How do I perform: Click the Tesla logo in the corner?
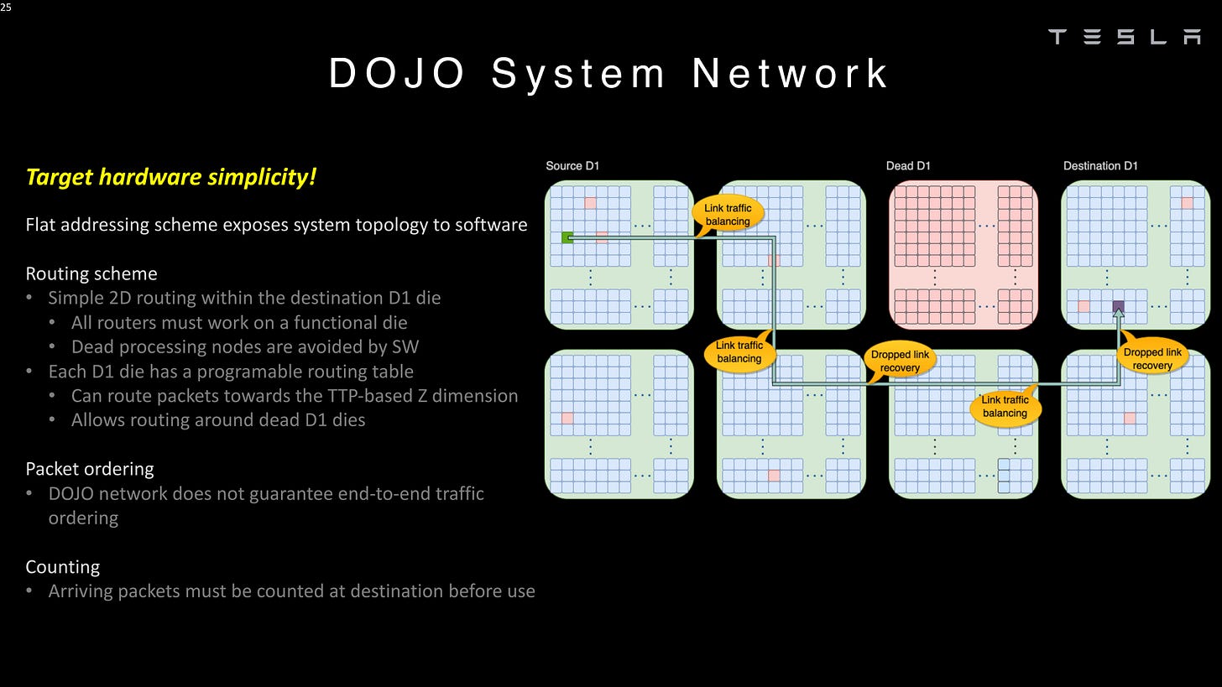[x=1125, y=36]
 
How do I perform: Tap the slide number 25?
[x=6, y=7]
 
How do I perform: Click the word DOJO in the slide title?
[x=396, y=73]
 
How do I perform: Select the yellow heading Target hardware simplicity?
[x=171, y=177]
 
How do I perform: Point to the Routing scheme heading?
[x=91, y=273]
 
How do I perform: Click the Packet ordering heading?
[x=90, y=469]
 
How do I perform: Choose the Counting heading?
[x=63, y=567]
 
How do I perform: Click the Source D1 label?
[x=572, y=166]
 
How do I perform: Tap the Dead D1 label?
[x=908, y=166]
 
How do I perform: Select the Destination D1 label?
[x=1100, y=166]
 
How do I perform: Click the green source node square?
[x=567, y=238]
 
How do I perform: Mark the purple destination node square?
[x=1118, y=307]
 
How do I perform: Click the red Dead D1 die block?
[x=963, y=254]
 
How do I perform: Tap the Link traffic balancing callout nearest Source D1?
[x=728, y=215]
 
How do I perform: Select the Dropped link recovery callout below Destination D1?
[x=1152, y=358]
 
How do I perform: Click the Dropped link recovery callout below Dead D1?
[x=900, y=361]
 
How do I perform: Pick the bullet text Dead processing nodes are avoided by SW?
[x=244, y=347]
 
